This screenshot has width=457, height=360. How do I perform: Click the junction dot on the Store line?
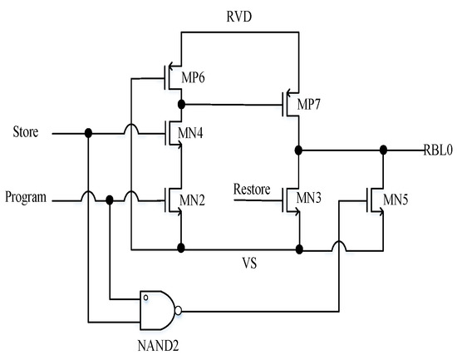click(89, 132)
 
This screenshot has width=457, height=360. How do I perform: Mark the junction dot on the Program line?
click(110, 200)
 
